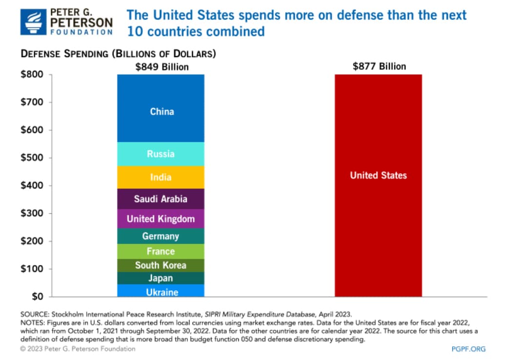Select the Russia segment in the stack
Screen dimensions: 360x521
tap(161, 154)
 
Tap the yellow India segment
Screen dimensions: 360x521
tap(161, 177)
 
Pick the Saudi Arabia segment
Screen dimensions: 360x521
tap(161, 199)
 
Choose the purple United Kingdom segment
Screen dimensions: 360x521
tap(161, 219)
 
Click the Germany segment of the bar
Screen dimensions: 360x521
tap(161, 236)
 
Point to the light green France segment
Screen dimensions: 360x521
tap(161, 251)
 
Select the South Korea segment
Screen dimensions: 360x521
tap(161, 265)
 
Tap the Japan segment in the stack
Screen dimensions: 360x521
tap(161, 278)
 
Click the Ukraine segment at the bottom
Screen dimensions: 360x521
tap(161, 291)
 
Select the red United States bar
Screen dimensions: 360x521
tap(378, 185)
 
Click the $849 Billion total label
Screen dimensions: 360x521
tap(162, 67)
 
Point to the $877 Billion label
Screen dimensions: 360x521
tap(379, 66)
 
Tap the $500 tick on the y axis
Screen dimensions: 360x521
tap(32, 157)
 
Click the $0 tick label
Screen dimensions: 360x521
tap(38, 296)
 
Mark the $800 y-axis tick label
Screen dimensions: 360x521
tap(32, 75)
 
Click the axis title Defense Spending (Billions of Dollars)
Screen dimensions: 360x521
tap(118, 54)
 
